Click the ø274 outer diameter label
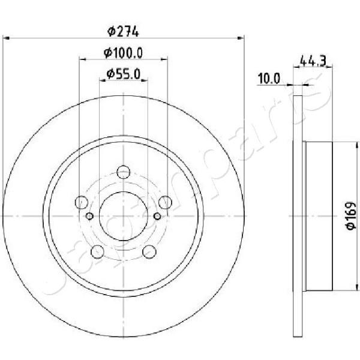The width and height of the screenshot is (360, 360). (123, 31)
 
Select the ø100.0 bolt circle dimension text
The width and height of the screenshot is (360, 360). (123, 53)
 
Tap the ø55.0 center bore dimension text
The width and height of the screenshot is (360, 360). (123, 74)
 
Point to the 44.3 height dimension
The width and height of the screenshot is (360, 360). (313, 61)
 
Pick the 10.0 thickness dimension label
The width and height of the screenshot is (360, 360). (269, 79)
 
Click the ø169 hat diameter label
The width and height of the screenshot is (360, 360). (350, 215)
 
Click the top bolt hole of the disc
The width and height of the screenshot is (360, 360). (123, 172)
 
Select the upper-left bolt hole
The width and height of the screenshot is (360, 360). (82, 202)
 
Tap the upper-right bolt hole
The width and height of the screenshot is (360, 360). (165, 202)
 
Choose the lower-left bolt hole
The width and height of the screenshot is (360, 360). (98, 251)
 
